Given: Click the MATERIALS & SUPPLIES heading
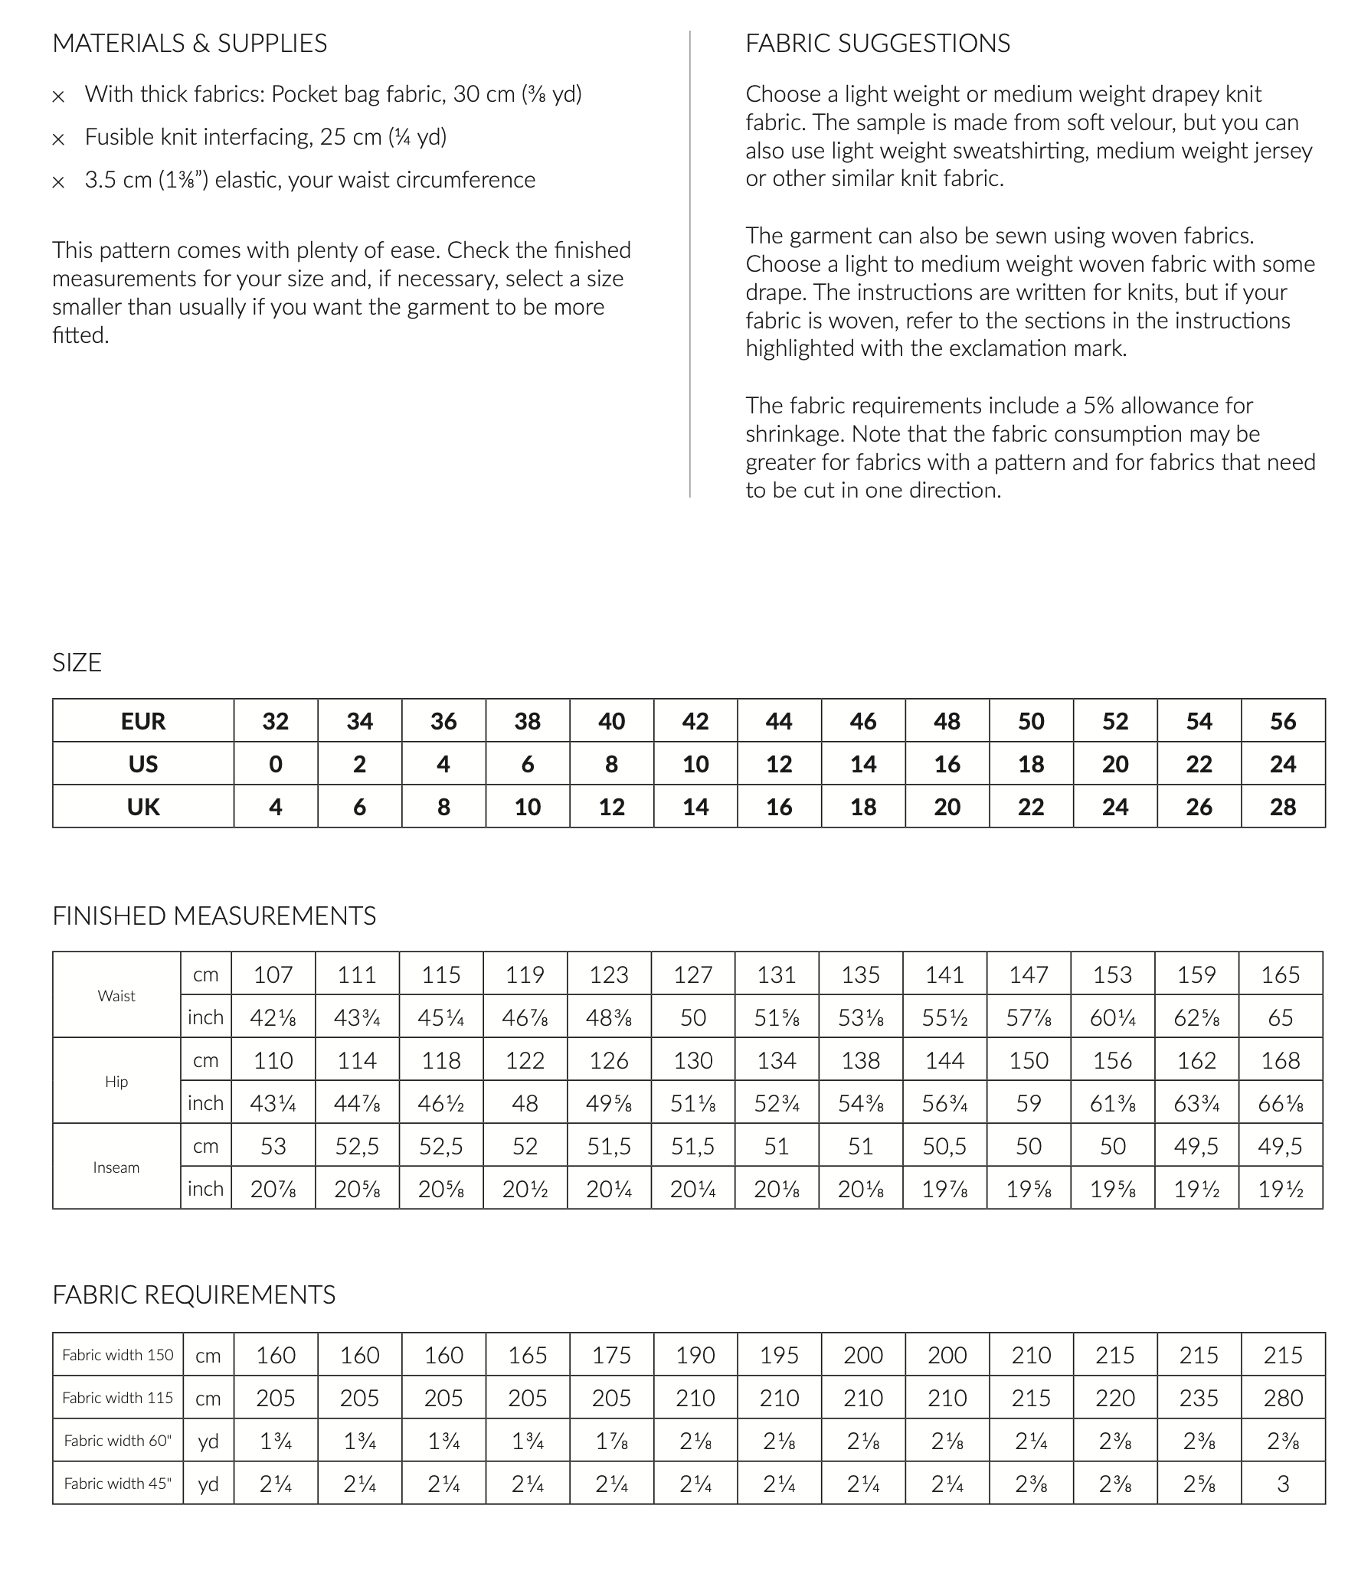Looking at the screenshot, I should tap(189, 44).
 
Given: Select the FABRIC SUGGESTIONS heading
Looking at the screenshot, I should tap(878, 44).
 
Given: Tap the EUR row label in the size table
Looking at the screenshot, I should tap(143, 721).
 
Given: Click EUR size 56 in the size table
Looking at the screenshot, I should tap(1283, 721).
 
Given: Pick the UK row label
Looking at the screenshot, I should tap(143, 807).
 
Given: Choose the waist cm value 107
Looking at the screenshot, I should tap(273, 974).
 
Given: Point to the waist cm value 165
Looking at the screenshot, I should tap(1281, 974).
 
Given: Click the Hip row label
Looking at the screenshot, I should tap(116, 1082).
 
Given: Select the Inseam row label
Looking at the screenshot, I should tap(116, 1167).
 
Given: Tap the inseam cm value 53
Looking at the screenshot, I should tap(273, 1146).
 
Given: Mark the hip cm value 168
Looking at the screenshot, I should tap(1281, 1060).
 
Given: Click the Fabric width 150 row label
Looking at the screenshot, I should tap(118, 1355).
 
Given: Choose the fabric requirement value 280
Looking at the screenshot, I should tap(1283, 1398).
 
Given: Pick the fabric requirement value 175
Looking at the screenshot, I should tap(611, 1355).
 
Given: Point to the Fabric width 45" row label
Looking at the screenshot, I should tap(118, 1484).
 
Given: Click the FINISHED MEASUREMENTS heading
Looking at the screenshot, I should tap(214, 916).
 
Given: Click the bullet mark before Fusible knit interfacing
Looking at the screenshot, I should tap(58, 140).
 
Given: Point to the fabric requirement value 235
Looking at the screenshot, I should tap(1199, 1398).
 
